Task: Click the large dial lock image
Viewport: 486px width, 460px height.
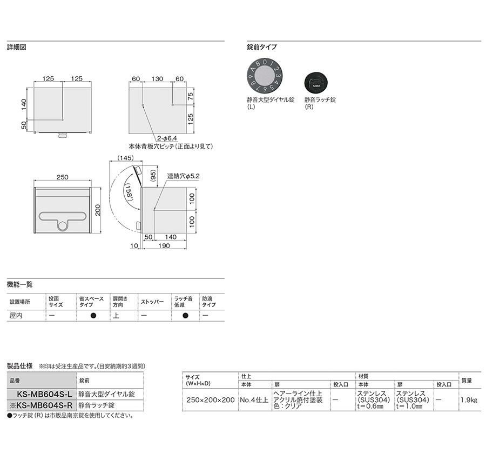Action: pyautogui.click(x=265, y=76)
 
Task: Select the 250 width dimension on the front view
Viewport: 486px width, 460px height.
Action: pyautogui.click(x=62, y=177)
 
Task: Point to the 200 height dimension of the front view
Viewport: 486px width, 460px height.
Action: pyautogui.click(x=98, y=210)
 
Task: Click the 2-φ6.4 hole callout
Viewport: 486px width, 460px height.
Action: pyautogui.click(x=167, y=138)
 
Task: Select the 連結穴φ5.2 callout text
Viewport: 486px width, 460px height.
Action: pyautogui.click(x=184, y=176)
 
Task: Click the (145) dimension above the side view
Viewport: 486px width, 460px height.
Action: pyautogui.click(x=125, y=158)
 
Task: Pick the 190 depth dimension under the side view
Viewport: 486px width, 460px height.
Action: pyautogui.click(x=164, y=245)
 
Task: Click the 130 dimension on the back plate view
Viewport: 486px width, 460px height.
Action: pyautogui.click(x=157, y=79)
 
